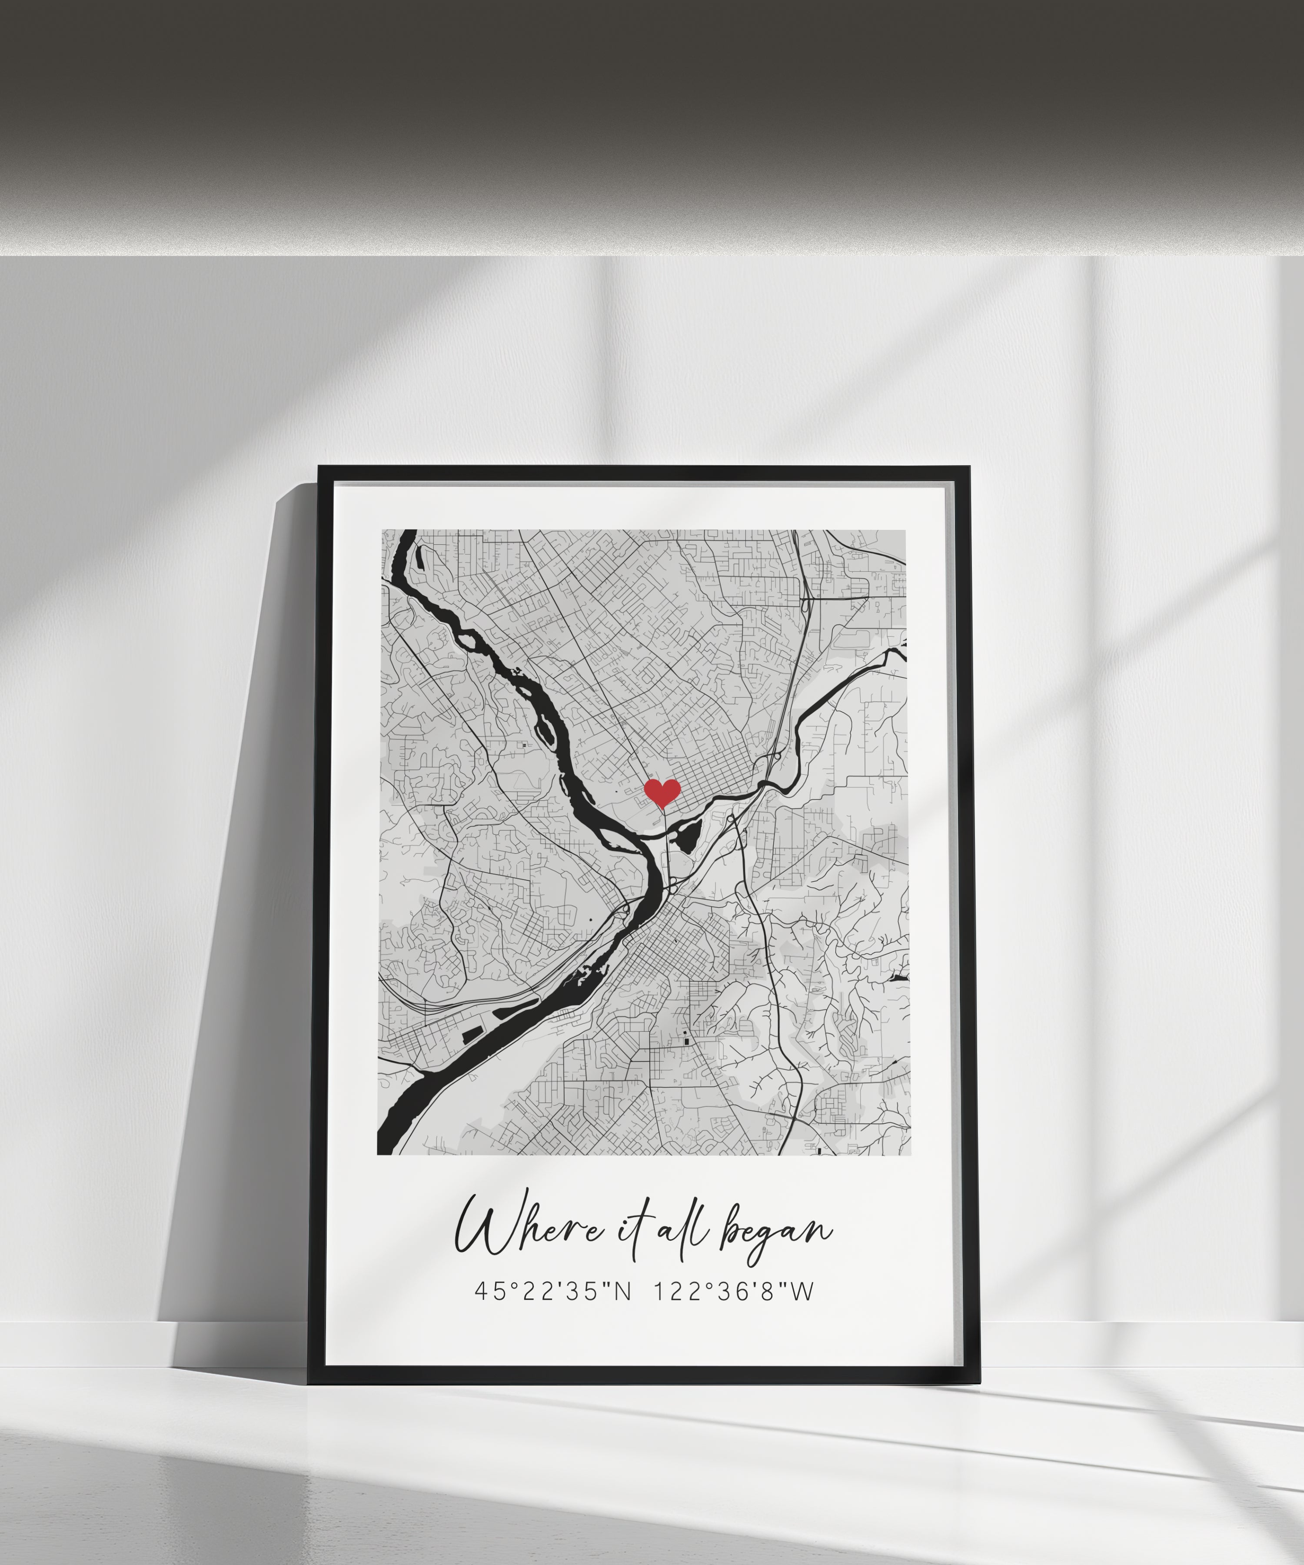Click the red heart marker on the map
tap(662, 792)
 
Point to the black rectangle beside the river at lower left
tap(472, 1034)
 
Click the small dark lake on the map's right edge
tap(899, 978)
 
